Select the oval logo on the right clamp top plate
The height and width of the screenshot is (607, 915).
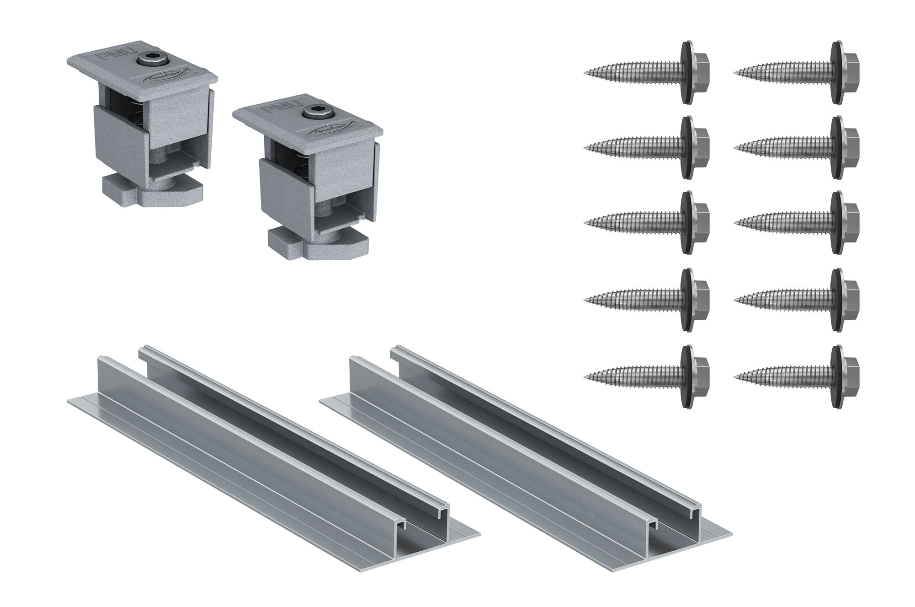[x=325, y=133]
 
